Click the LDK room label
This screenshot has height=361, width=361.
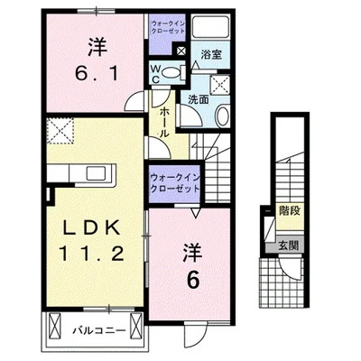pos(91,229)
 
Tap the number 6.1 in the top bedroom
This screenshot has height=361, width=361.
pos(96,73)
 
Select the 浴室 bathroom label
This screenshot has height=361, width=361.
pos(211,54)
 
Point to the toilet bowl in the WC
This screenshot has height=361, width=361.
pos(171,72)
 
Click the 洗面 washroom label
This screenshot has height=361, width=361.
pos(199,99)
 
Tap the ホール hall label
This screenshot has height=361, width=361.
pos(162,123)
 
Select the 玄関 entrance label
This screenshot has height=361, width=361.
pos(288,245)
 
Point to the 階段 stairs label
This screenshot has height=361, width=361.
pos(290,211)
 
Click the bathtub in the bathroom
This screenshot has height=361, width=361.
pos(210,27)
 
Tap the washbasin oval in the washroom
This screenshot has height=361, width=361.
pos(223,116)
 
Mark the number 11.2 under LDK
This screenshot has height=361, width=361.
pos(92,254)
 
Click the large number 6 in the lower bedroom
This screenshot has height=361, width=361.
pos(193,281)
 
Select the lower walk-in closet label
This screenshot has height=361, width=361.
pos(175,183)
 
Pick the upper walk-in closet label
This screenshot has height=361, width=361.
pos(168,27)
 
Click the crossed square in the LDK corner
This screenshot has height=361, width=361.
pos(60,131)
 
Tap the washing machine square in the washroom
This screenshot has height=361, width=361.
pos(219,85)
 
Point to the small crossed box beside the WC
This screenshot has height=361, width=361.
pos(181,51)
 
